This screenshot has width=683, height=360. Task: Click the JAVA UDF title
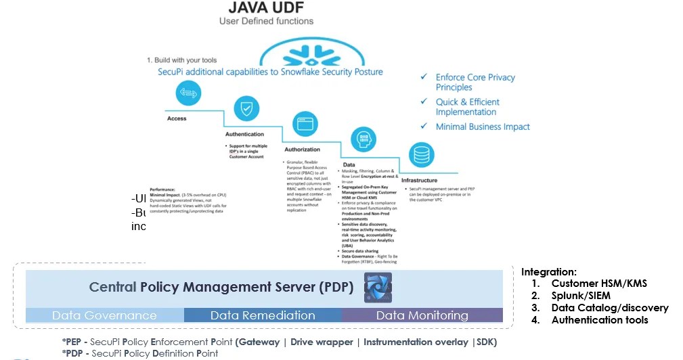[267, 7]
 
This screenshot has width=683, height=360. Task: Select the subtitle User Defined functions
[267, 22]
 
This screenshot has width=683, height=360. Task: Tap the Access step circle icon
[188, 93]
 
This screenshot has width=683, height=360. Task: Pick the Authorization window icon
[304, 124]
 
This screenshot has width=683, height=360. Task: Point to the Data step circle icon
[363, 139]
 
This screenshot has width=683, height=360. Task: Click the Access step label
[177, 119]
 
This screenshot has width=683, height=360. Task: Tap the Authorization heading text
[302, 150]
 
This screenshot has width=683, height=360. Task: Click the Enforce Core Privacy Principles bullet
[475, 83]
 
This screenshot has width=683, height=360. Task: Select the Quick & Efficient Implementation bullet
[467, 107]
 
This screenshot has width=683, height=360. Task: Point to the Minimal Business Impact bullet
[482, 127]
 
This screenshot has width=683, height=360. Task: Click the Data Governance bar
[104, 315]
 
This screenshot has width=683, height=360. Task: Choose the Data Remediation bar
[263, 315]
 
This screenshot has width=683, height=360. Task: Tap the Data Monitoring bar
[422, 315]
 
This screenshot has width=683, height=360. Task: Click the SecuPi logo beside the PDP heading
[378, 288]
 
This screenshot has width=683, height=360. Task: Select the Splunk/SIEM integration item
[580, 296]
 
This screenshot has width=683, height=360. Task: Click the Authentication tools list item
[599, 320]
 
